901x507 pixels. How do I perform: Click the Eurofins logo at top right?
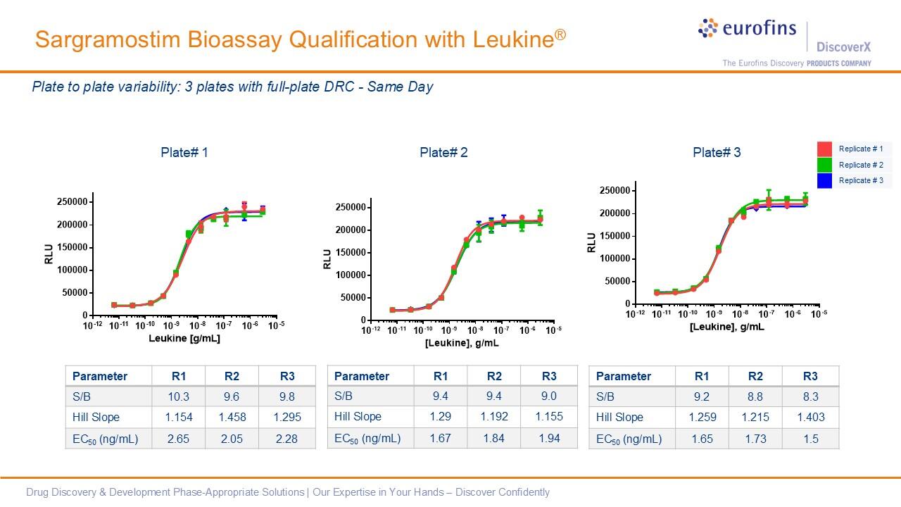747,29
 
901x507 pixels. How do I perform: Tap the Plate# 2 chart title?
443,152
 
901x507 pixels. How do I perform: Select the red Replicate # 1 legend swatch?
824,149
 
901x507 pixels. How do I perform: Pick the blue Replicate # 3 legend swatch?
824,181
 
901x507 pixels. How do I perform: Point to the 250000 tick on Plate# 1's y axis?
72,202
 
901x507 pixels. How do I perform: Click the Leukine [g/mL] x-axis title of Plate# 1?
184,339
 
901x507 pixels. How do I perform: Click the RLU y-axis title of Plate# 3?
591,242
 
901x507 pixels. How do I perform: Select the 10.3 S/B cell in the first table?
178,396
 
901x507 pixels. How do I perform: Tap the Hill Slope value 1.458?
232,417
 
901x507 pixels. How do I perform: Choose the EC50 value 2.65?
178,439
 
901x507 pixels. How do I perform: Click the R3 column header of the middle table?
549,376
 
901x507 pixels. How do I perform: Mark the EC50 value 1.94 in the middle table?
549,438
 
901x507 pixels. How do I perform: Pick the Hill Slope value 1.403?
811,417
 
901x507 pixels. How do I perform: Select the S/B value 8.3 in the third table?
811,396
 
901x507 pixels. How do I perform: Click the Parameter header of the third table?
624,376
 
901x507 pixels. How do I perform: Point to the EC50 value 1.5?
811,439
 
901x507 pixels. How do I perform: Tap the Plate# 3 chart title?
717,152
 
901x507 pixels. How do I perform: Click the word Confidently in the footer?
524,492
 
